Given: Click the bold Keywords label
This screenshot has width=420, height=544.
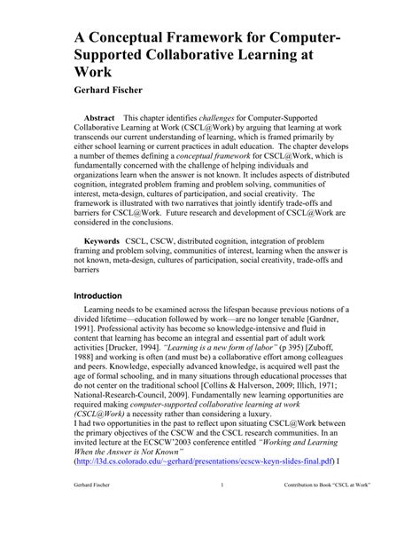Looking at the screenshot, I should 103,240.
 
